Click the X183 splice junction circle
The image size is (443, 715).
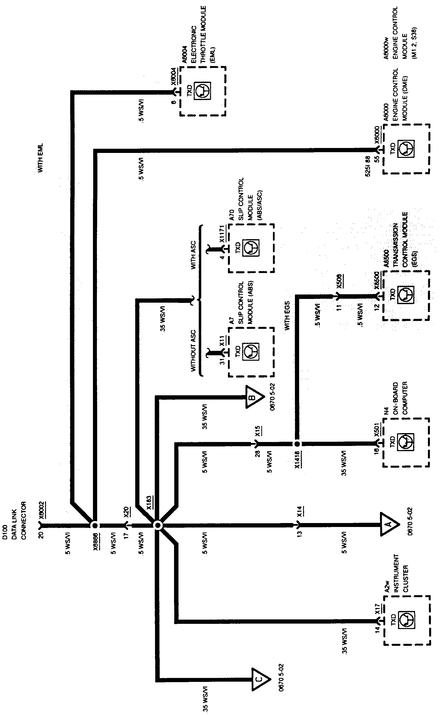click(x=158, y=526)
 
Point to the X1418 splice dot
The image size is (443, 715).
click(x=297, y=444)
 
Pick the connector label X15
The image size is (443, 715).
click(x=258, y=431)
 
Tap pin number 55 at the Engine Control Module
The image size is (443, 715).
click(x=377, y=159)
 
